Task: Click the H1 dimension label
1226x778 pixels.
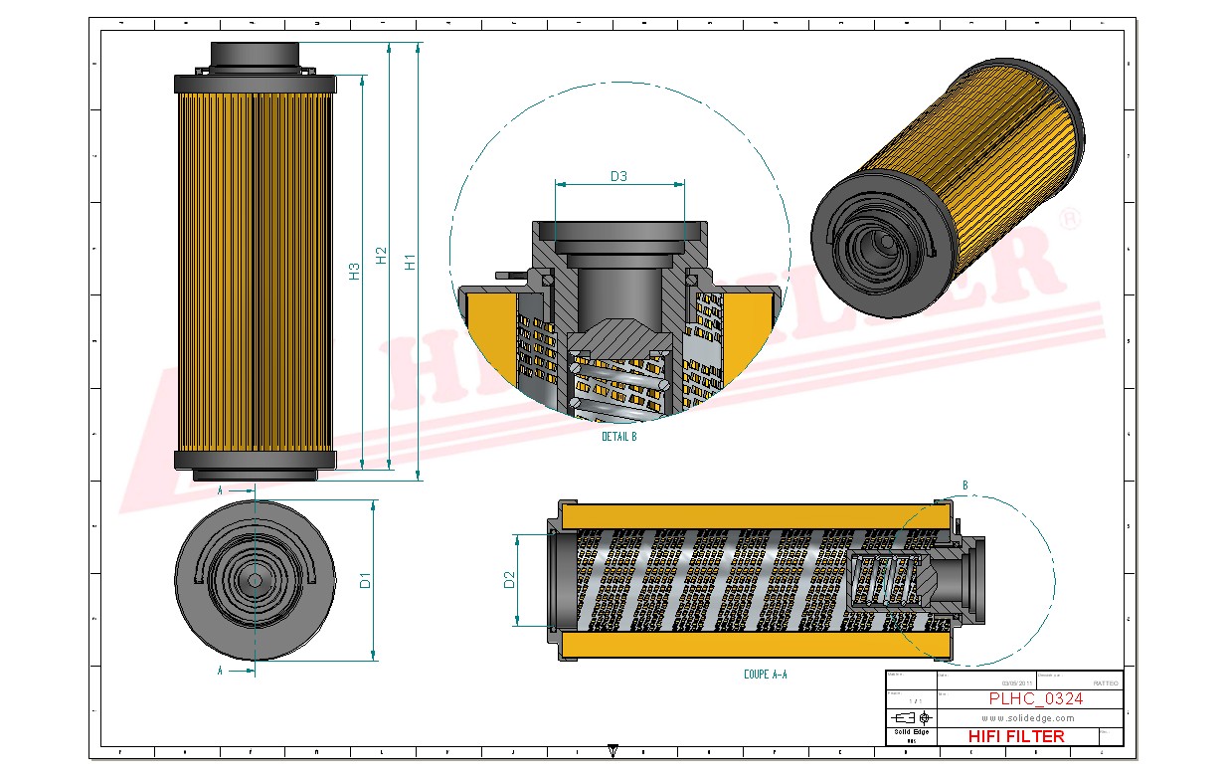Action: point(410,262)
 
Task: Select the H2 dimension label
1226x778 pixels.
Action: point(382,256)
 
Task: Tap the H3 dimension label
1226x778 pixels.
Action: point(354,271)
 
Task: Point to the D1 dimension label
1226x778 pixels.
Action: point(365,580)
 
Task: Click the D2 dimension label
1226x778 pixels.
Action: point(509,580)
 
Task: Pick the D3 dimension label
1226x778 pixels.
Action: point(618,176)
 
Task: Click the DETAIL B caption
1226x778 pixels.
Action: point(618,437)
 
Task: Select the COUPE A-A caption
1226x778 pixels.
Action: point(765,675)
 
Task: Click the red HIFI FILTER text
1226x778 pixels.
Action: point(1015,736)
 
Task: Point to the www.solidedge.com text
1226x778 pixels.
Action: point(1027,717)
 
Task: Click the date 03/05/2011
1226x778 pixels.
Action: point(1017,683)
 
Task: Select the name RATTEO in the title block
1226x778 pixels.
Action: point(1105,683)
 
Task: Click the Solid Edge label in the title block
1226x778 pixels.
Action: point(910,732)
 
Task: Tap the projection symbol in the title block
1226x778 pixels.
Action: point(910,717)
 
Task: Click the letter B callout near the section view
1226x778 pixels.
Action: point(964,486)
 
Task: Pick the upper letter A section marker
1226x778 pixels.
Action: point(220,490)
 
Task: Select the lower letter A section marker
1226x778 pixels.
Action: point(220,671)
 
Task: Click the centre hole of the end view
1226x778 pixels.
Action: point(254,580)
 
